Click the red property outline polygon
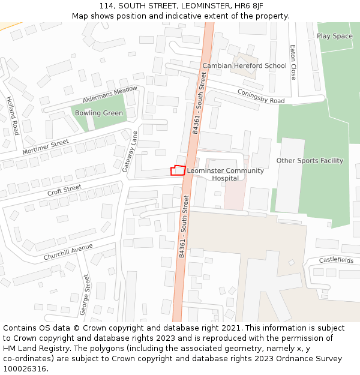tap(178, 170)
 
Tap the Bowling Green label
tap(99, 113)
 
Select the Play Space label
tap(335, 36)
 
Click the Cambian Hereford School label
tap(244, 65)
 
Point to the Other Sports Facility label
tap(310, 160)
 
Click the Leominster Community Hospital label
tap(225, 174)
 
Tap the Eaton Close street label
tap(293, 62)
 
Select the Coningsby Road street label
tap(261, 96)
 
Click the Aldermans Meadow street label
tap(110, 93)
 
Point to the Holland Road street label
tap(12, 115)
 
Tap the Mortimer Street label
tap(46, 146)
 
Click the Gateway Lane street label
tap(130, 152)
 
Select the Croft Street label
tap(64, 190)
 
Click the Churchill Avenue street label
tap(68, 251)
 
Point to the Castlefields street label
tap(336, 260)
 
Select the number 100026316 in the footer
tap(25, 368)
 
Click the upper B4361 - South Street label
tap(199, 103)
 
